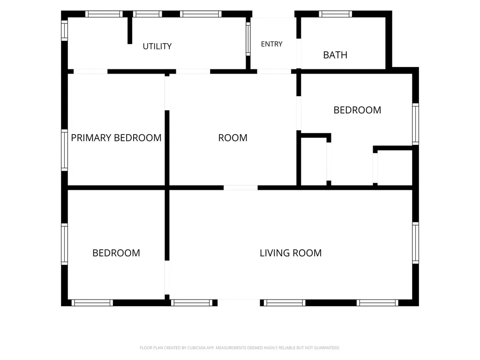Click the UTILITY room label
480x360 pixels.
click(x=157, y=46)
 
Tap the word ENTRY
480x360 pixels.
click(x=271, y=44)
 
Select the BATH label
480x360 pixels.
click(x=335, y=55)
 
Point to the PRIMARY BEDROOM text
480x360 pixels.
click(x=116, y=138)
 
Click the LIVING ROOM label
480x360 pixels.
click(x=291, y=253)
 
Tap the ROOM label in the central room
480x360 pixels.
click(x=232, y=138)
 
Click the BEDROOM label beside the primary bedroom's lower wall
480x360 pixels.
click(x=116, y=253)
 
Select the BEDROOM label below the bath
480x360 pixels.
click(x=357, y=110)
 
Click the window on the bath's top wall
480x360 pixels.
click(x=336, y=14)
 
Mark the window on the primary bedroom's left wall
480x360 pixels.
click(x=64, y=150)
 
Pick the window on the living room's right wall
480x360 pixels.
click(x=415, y=243)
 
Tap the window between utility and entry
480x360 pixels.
click(x=248, y=39)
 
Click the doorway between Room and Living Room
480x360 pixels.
click(x=240, y=187)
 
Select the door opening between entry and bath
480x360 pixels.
click(x=299, y=53)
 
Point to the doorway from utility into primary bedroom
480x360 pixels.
click(x=90, y=72)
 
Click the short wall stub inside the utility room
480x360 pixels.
click(x=130, y=30)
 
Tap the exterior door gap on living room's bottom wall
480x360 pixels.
click(x=239, y=303)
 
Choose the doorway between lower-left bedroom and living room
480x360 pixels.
click(x=167, y=277)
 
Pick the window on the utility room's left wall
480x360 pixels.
click(x=64, y=30)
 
